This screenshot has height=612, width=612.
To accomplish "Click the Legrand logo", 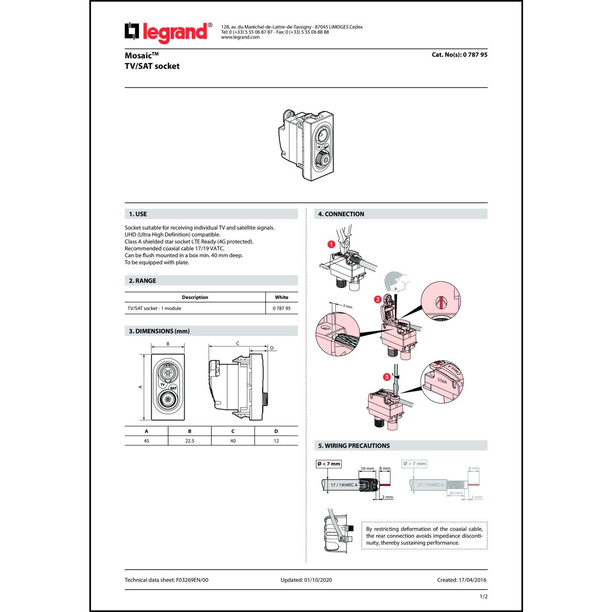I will (x=168, y=32).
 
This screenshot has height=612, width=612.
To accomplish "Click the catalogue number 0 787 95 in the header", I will (x=475, y=55).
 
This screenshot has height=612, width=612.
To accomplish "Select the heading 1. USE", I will (x=138, y=214).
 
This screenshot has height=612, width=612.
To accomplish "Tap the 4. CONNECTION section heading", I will (x=341, y=214).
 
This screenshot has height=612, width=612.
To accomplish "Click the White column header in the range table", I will (x=282, y=297).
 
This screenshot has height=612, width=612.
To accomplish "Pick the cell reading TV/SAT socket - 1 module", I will (x=154, y=308).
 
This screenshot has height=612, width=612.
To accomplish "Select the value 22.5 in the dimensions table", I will (x=190, y=441).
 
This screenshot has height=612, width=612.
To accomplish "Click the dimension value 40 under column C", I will (x=233, y=441).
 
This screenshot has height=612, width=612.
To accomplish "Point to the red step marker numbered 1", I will (x=331, y=244).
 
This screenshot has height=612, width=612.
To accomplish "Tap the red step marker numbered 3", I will (x=387, y=377).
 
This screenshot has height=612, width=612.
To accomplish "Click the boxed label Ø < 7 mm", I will (x=328, y=463).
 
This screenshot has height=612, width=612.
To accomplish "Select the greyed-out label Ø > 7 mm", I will (x=414, y=463).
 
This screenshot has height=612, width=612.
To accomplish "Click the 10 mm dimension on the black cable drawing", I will (x=367, y=468).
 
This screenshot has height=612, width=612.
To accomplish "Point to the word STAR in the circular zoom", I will (x=442, y=381).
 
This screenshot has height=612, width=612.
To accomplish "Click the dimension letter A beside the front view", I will (x=140, y=387).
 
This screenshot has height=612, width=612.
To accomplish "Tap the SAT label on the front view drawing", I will (x=173, y=388).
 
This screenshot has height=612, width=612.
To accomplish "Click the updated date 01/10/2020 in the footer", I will (x=318, y=580).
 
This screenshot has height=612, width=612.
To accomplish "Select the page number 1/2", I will (x=483, y=596).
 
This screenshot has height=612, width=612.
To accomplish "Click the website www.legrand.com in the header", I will (x=240, y=37).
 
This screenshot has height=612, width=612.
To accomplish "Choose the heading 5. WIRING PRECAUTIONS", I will (x=354, y=446).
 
